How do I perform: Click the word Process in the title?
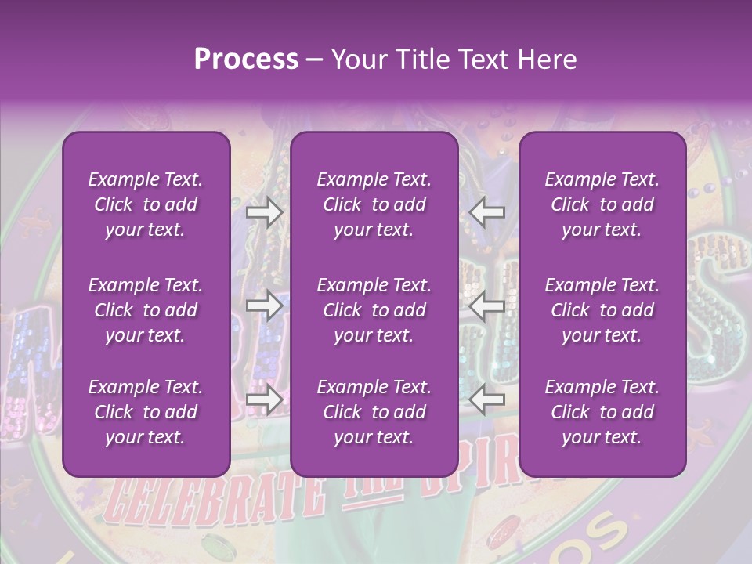click(x=246, y=59)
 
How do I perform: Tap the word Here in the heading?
click(x=546, y=59)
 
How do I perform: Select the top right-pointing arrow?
click(x=264, y=212)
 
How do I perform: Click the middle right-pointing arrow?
click(x=264, y=306)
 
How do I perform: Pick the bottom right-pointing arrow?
click(x=264, y=399)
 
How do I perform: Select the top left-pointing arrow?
click(x=487, y=212)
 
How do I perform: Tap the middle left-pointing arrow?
click(x=487, y=306)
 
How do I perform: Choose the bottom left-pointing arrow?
click(x=487, y=399)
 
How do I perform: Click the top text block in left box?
click(x=146, y=204)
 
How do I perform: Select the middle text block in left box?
click(x=146, y=310)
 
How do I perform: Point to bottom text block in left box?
click(x=146, y=412)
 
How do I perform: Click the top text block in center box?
click(x=374, y=204)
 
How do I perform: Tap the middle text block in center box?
click(x=374, y=310)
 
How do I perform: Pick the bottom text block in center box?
click(x=374, y=412)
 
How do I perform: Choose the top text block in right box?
click(x=602, y=204)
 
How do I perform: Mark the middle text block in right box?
click(x=602, y=310)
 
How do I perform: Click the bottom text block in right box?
click(x=602, y=412)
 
